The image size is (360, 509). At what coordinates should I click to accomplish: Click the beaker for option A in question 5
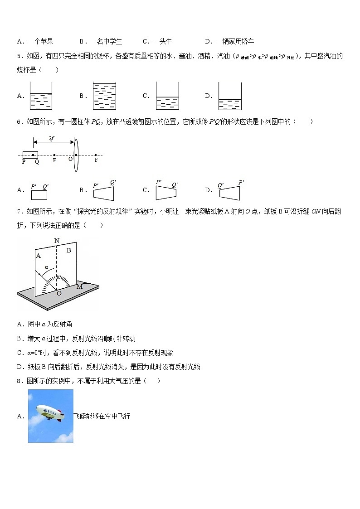41,96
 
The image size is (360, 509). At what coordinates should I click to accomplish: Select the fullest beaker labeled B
104,96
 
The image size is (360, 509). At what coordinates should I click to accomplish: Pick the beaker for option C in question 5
167,96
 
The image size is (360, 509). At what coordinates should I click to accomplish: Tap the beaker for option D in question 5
229,96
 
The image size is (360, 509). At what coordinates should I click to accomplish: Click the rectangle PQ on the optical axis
30,155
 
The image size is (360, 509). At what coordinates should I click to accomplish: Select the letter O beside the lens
70,160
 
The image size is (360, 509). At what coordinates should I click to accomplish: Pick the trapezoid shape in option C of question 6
166,193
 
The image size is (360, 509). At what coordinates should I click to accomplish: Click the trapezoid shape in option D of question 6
230,193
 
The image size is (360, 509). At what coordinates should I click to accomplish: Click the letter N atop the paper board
57,241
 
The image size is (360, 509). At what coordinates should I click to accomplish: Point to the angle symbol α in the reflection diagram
46,267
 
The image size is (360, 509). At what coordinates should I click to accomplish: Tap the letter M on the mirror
79,286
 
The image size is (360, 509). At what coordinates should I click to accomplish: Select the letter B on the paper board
69,250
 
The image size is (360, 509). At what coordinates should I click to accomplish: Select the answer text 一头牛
162,41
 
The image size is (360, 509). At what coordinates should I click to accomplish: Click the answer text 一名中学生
106,41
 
